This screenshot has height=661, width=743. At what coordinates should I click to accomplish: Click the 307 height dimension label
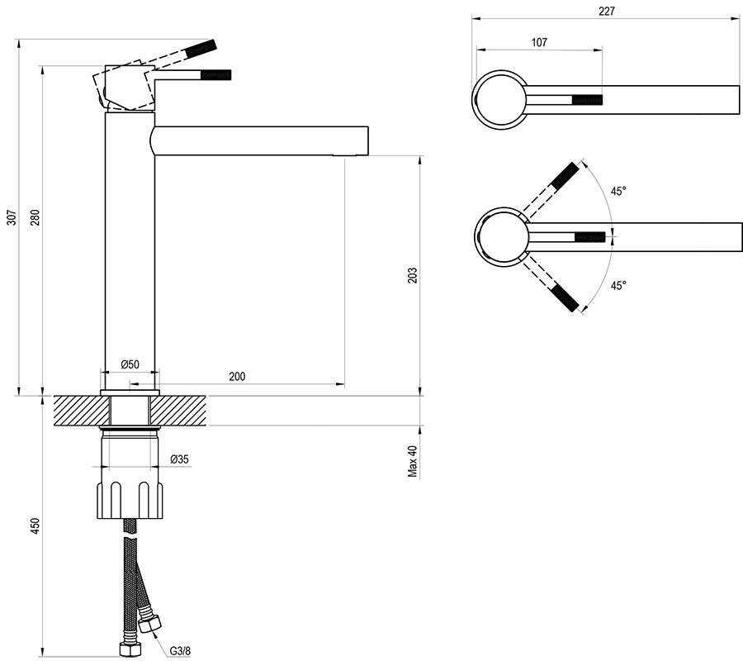[11, 217]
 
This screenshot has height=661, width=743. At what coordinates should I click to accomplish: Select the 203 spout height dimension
[413, 275]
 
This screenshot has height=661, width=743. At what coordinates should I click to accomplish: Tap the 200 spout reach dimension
[237, 376]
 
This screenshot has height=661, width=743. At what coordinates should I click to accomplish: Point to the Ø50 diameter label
[129, 364]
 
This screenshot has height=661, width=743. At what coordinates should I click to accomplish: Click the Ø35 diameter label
[179, 459]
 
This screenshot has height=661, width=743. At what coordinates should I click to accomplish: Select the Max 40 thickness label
[413, 462]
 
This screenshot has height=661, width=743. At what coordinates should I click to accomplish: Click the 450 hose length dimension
[35, 526]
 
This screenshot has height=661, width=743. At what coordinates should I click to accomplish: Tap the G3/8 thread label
[181, 650]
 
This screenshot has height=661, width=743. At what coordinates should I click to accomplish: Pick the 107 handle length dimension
[539, 42]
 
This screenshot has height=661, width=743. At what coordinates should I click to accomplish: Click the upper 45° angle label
[618, 191]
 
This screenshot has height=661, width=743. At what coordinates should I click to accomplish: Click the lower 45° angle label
[618, 285]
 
